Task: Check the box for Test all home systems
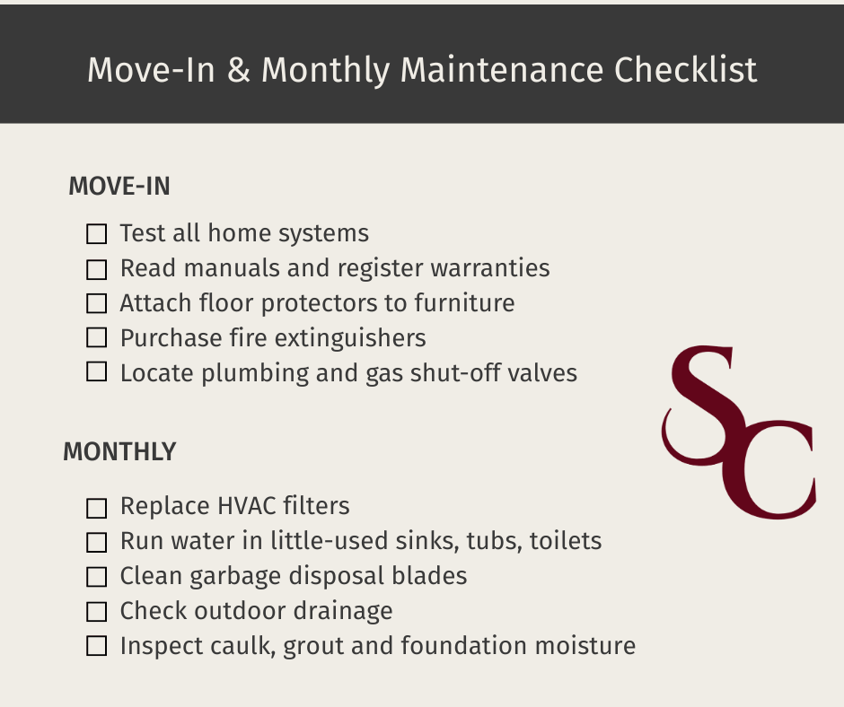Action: [96, 234]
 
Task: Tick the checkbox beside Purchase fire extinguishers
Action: [96, 338]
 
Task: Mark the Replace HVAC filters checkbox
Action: [96, 508]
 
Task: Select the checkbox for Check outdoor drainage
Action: [96, 612]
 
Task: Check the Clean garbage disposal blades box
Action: [96, 577]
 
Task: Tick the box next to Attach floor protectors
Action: [96, 303]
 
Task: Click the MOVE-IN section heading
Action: [119, 187]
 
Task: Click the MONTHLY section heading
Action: [119, 452]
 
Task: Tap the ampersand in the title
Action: [239, 70]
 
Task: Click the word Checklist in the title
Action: [685, 70]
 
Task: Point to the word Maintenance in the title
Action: [502, 70]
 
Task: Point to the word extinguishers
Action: [350, 338]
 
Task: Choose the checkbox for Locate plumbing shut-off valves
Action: [96, 372]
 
